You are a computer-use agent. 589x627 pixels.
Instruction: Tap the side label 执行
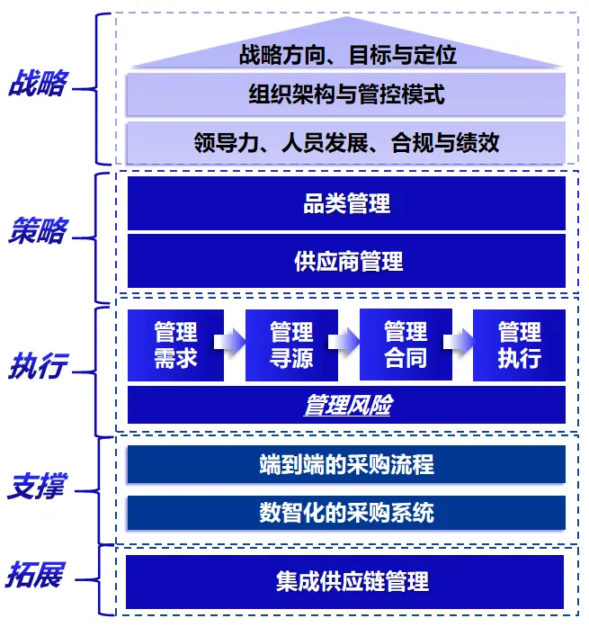[35, 369]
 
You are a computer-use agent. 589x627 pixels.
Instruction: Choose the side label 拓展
[36, 574]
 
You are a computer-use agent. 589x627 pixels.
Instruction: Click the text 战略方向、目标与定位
[347, 55]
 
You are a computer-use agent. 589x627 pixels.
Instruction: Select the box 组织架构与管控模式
[347, 94]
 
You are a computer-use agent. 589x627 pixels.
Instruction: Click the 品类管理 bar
[347, 203]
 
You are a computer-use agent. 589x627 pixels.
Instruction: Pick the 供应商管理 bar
[347, 262]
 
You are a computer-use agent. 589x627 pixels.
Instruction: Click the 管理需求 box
[175, 345]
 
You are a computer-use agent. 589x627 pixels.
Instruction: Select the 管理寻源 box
[291, 345]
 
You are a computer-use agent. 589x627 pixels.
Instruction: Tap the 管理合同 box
[406, 344]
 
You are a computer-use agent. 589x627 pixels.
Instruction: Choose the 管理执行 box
[520, 345]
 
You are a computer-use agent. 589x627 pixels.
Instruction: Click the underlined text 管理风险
[347, 405]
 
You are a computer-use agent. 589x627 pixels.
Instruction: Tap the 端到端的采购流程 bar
[347, 464]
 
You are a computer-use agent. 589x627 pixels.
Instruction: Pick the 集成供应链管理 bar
[347, 581]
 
